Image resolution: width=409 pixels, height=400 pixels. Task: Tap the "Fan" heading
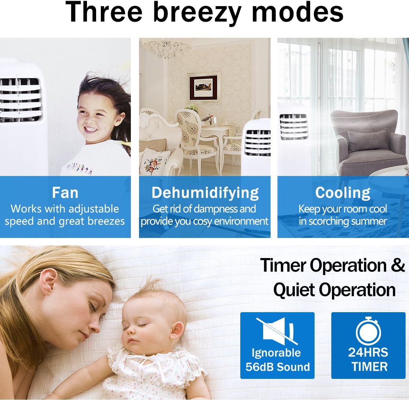[65, 193]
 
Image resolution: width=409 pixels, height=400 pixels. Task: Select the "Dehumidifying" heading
[205, 193]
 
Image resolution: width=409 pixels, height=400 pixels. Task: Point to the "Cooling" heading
[343, 193]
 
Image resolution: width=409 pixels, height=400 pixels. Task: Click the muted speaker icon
[277, 329]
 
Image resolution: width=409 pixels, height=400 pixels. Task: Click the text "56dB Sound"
[277, 367]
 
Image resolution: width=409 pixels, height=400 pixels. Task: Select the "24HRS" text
[368, 352]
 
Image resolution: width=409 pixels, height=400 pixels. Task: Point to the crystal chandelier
[167, 49]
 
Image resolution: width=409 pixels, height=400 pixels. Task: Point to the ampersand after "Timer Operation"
[397, 266]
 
